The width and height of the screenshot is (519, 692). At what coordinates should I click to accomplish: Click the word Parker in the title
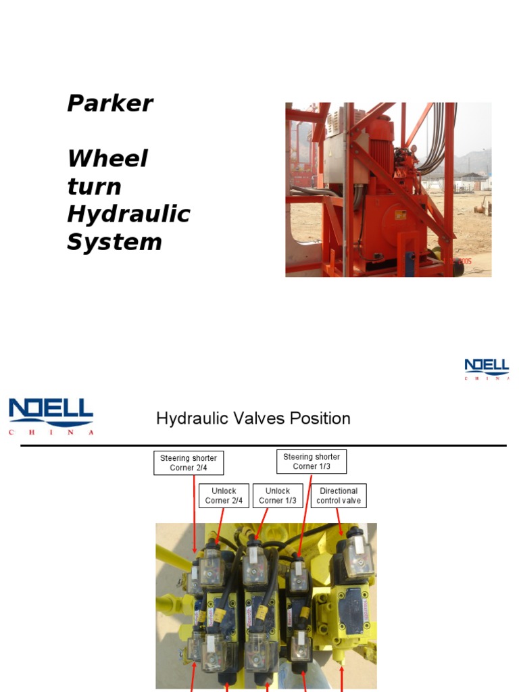click(110, 104)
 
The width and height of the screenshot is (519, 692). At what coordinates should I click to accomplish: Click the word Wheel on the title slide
click(107, 159)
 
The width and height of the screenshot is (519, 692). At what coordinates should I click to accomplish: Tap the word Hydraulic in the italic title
click(128, 215)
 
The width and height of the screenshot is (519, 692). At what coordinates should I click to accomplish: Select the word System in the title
click(114, 243)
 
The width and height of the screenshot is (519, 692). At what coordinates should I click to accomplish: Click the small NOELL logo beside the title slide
click(487, 369)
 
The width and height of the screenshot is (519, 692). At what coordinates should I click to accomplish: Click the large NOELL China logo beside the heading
click(51, 416)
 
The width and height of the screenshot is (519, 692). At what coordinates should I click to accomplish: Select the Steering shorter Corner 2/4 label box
click(189, 463)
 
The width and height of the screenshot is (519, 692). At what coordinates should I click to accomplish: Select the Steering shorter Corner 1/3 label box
click(312, 462)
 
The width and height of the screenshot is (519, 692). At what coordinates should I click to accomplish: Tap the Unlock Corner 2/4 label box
click(224, 495)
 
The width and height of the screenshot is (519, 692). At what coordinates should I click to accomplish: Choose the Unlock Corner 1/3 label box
click(278, 495)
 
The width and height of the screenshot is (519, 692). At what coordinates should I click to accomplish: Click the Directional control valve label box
click(339, 495)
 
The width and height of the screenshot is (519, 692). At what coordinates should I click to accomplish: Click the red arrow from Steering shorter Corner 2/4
click(195, 514)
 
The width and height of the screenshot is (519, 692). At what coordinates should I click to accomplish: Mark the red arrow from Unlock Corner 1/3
click(262, 523)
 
